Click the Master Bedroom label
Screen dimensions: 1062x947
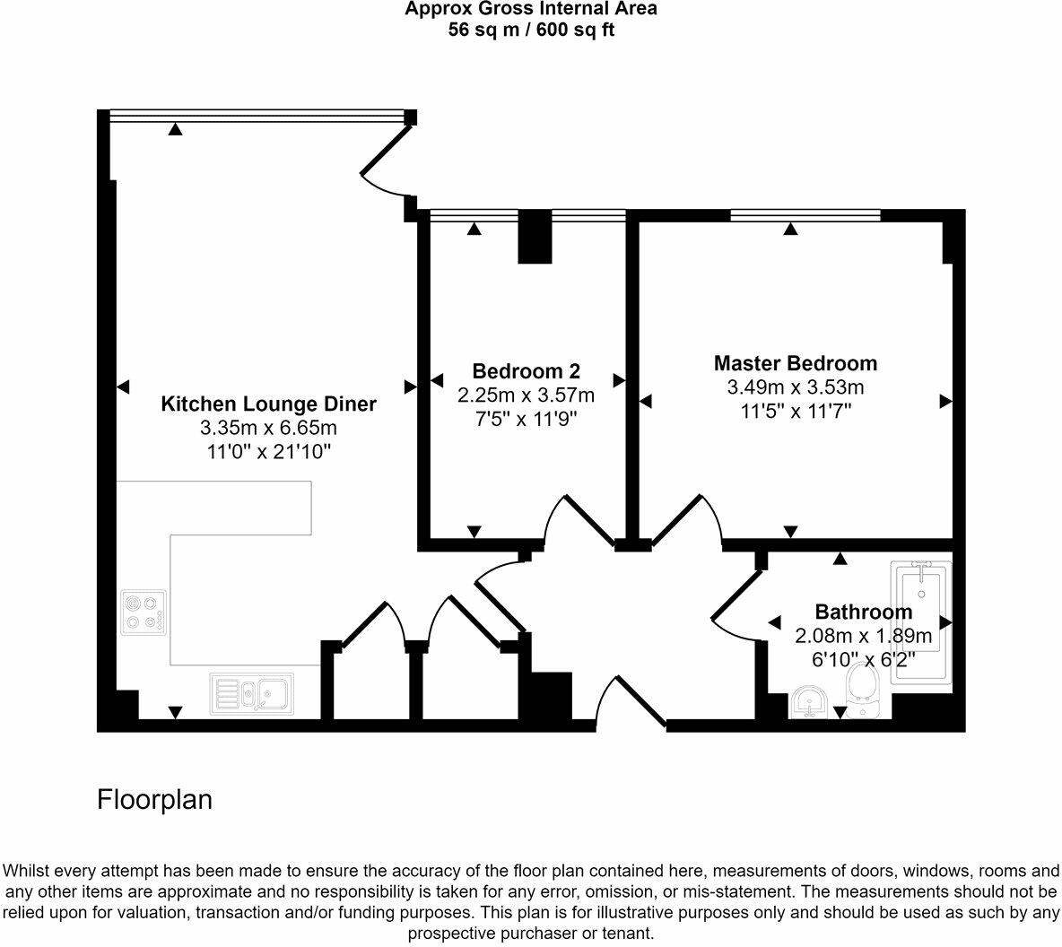(x=795, y=363)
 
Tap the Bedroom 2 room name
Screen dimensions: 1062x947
(x=527, y=371)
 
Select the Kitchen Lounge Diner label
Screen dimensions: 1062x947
(x=268, y=404)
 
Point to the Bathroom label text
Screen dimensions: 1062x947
(x=864, y=612)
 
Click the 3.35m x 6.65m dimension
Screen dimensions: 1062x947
(x=268, y=428)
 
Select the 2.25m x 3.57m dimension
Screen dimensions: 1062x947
(x=527, y=395)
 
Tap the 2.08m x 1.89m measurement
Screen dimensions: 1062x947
(x=864, y=636)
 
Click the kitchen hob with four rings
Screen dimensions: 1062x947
(x=144, y=613)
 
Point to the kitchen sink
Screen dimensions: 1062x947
(x=252, y=693)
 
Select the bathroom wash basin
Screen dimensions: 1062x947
(x=808, y=702)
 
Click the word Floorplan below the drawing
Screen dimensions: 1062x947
(x=154, y=799)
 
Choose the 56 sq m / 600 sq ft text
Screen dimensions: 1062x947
(x=532, y=30)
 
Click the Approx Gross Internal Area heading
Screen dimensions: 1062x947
(x=531, y=9)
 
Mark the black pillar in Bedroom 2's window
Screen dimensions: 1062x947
(x=535, y=237)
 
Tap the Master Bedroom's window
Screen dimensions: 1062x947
(x=805, y=215)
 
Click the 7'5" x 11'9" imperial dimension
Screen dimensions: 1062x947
(x=527, y=420)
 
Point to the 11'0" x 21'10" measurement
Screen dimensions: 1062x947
(x=268, y=452)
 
